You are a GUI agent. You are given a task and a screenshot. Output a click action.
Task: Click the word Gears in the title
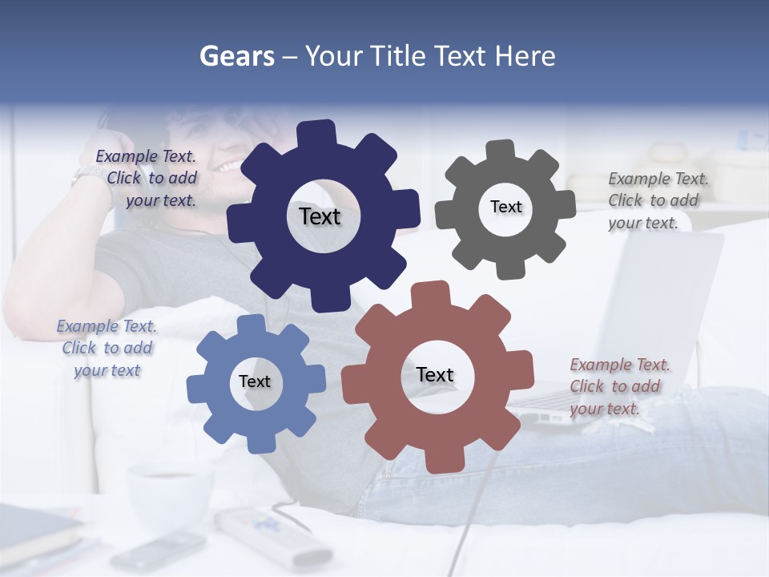236,56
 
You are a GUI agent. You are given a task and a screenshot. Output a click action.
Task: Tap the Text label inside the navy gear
320,216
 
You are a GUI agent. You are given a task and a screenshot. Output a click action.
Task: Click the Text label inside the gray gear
505,207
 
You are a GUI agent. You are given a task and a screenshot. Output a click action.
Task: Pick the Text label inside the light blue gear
255,381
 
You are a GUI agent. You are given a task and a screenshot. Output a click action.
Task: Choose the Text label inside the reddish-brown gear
435,374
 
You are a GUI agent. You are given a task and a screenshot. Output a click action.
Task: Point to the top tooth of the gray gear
501,151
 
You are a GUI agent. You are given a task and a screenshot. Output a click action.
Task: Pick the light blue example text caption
107,348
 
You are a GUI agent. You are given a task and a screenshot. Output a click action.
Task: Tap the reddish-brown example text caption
618,386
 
